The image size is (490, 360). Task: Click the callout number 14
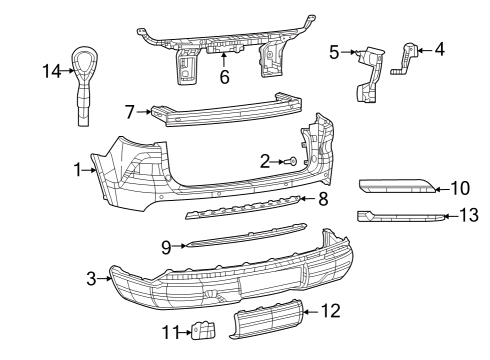click(52, 71)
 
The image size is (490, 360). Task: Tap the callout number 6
click(225, 77)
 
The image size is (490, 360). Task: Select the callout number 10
click(460, 188)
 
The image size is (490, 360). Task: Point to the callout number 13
click(469, 215)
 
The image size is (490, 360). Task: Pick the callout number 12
click(331, 311)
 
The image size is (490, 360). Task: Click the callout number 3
click(91, 278)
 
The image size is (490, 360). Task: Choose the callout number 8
click(323, 199)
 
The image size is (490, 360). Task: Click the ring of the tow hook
click(86, 57)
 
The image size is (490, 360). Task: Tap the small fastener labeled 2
click(292, 162)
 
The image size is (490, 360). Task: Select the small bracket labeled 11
click(203, 330)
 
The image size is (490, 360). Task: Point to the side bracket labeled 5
click(370, 73)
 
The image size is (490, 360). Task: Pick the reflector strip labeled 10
click(397, 187)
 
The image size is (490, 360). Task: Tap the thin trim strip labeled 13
click(400, 217)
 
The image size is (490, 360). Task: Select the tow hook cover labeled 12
click(267, 320)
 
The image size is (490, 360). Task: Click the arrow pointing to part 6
click(224, 60)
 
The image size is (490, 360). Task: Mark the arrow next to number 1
click(89, 170)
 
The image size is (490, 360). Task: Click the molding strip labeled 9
click(247, 236)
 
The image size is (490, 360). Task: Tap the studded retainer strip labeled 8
click(243, 207)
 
